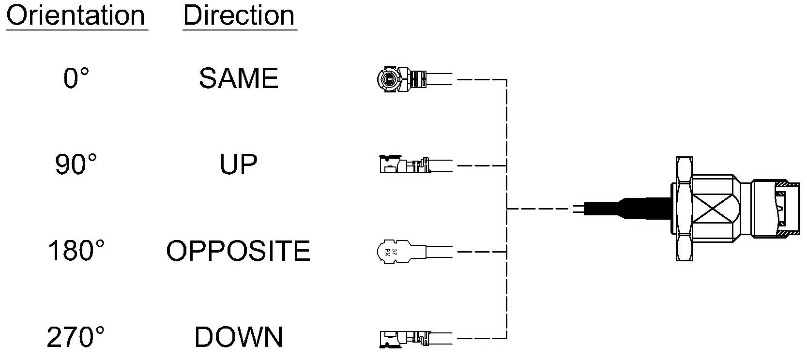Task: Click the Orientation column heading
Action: pyautogui.click(x=76, y=16)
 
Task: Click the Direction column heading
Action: pyautogui.click(x=239, y=16)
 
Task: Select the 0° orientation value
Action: pyautogui.click(x=76, y=78)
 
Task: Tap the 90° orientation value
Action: pyautogui.click(x=76, y=164)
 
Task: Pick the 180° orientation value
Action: pyautogui.click(x=76, y=251)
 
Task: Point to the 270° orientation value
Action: pyautogui.click(x=76, y=337)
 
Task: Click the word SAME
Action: pyautogui.click(x=239, y=78)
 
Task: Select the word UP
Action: pyautogui.click(x=239, y=164)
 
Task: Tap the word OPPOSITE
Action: pyautogui.click(x=238, y=251)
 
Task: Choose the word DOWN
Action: pyautogui.click(x=239, y=337)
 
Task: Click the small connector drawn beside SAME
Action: pyautogui.click(x=414, y=79)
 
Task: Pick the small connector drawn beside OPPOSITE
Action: pyautogui.click(x=414, y=252)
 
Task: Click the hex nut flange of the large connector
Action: pyautogui.click(x=684, y=209)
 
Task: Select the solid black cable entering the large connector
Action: pyautogui.click(x=627, y=209)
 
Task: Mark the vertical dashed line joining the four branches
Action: pyautogui.click(x=506, y=209)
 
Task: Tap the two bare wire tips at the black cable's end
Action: pyautogui.click(x=578, y=209)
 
